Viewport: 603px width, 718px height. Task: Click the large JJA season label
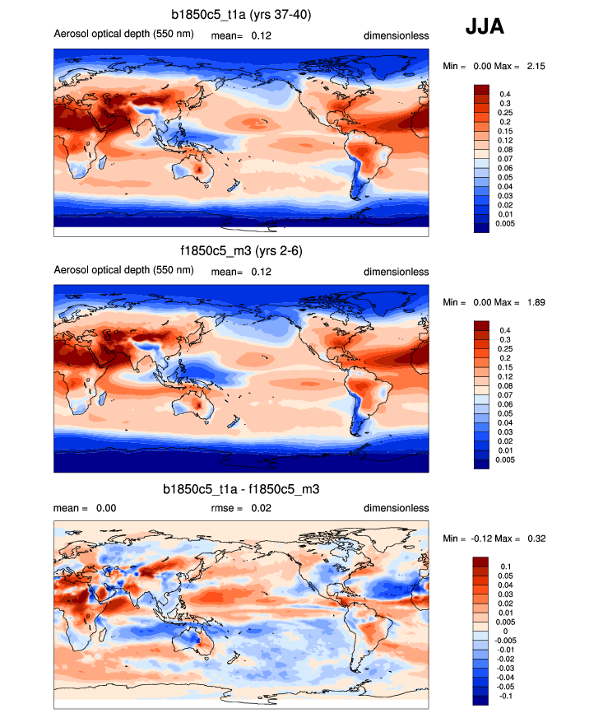[485, 27]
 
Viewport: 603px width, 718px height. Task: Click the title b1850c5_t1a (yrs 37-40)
[241, 15]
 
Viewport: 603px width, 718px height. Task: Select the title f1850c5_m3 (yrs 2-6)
[241, 251]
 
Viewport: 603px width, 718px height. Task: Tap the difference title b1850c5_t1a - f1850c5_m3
[241, 489]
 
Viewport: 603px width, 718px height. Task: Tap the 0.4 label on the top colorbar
[506, 94]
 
